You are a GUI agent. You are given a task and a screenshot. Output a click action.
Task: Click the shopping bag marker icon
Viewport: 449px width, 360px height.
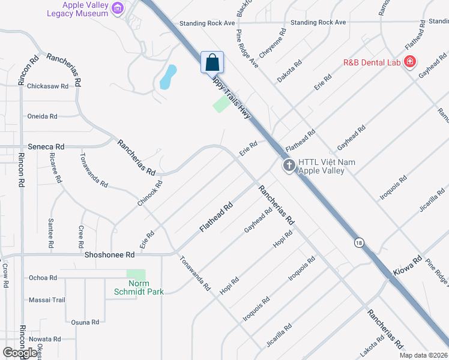pyautogui.click(x=212, y=62)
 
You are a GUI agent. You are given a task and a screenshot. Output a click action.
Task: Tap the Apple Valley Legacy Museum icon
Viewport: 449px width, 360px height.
pyautogui.click(x=118, y=8)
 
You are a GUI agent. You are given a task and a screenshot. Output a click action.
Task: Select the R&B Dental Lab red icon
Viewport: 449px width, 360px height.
pyautogui.click(x=410, y=62)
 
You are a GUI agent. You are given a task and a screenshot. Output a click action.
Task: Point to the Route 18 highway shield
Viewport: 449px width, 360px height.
pyautogui.click(x=359, y=242)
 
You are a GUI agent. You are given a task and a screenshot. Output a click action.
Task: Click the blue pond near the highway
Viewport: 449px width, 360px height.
pyautogui.click(x=168, y=77)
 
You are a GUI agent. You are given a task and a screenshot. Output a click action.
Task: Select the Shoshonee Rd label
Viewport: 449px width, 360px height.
pyautogui.click(x=109, y=254)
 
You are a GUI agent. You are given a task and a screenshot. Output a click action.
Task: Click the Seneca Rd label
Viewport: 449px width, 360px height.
pyautogui.click(x=46, y=146)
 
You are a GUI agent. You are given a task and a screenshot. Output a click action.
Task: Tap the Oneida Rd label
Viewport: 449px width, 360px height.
pyautogui.click(x=42, y=116)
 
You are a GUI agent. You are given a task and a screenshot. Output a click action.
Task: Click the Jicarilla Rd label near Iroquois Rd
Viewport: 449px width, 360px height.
pyautogui.click(x=279, y=335)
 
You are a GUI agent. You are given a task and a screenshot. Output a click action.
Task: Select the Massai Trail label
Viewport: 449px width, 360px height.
pyautogui.click(x=47, y=299)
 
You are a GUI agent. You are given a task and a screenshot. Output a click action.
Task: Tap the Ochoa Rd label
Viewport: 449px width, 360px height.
pyautogui.click(x=43, y=278)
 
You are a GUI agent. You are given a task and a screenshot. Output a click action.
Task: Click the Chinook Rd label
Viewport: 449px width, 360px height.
pyautogui.click(x=150, y=194)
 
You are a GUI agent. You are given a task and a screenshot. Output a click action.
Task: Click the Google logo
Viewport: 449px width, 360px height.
pyautogui.click(x=20, y=353)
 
